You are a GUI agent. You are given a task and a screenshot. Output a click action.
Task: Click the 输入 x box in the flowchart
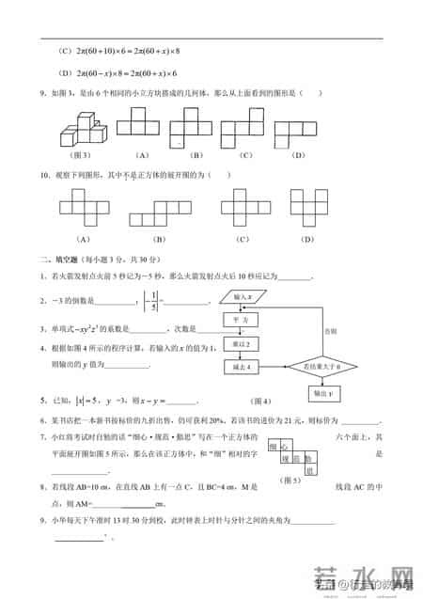pyautogui.click(x=241, y=297)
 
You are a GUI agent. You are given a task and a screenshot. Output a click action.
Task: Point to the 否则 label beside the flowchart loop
pyautogui.click(x=329, y=332)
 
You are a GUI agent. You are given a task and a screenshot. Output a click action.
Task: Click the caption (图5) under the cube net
pyautogui.click(x=291, y=480)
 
